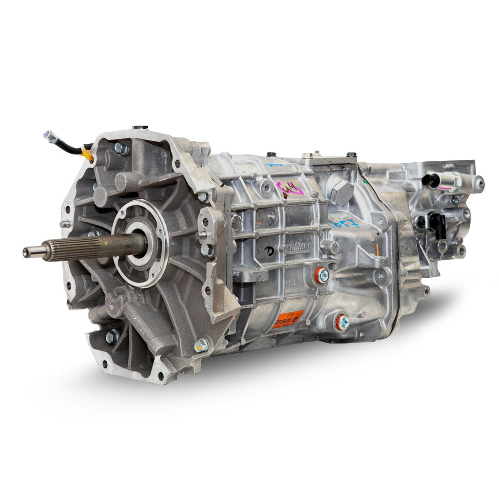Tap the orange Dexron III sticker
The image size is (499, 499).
point(287,319)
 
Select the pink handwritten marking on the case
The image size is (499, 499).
point(290,188)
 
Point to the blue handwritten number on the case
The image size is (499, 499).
point(346,224)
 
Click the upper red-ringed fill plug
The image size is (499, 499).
point(322,275)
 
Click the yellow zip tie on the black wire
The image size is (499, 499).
point(88,155)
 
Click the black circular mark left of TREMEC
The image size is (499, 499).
point(269,250)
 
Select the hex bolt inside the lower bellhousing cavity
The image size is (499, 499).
point(113,336)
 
